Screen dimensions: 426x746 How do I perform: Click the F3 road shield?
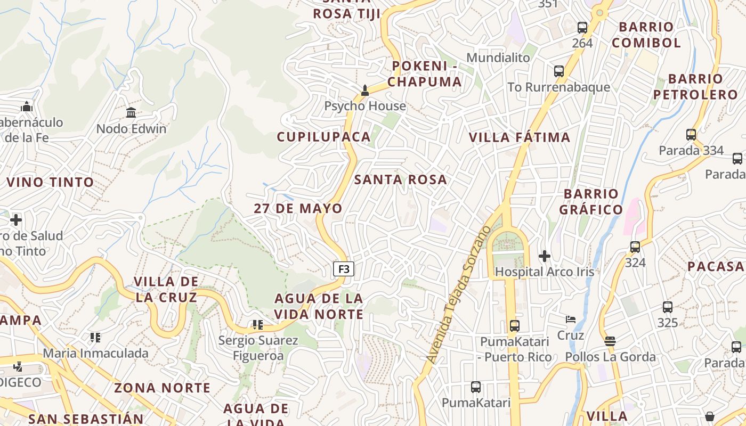coord(344,269)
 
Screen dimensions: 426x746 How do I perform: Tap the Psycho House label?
coord(365,106)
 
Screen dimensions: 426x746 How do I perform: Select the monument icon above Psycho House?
coord(365,91)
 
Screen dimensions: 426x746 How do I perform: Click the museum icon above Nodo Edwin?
coord(131,112)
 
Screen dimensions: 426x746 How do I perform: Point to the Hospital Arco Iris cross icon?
coord(544,256)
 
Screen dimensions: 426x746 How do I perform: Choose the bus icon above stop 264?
coord(582,28)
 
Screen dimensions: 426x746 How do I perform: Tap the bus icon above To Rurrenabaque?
coord(559,71)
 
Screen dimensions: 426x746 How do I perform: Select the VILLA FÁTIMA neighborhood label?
coord(520,137)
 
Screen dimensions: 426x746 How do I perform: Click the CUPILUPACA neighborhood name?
coord(323,137)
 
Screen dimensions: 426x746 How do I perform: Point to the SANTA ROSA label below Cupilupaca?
coord(401,179)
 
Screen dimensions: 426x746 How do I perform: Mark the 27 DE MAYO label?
coord(298,208)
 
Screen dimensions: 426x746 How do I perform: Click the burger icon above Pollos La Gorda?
coord(610,341)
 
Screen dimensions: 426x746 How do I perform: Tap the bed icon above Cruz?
coord(571,319)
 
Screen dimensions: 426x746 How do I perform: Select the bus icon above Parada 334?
coord(691,135)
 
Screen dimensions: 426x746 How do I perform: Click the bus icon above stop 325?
coord(668,307)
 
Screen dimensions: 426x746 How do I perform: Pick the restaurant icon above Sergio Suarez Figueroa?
coord(258,325)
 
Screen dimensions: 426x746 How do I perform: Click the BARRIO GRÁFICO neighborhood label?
coord(591,201)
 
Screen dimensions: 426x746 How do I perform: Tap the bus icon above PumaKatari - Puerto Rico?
coord(514,325)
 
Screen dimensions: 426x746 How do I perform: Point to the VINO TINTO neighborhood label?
coord(50,182)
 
